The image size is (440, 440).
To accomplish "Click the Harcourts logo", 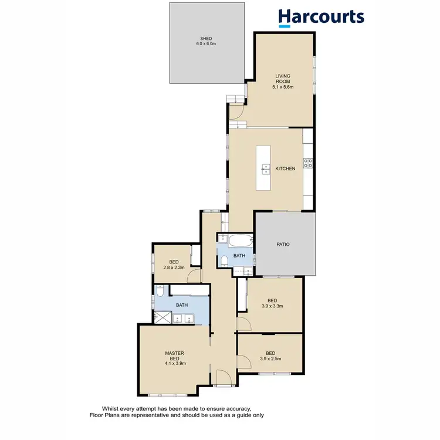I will (x=321, y=17).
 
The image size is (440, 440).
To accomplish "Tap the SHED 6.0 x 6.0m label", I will (x=205, y=41).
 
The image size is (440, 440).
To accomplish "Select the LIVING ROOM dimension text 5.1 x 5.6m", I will (x=283, y=87).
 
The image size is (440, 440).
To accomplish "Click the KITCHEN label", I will (x=285, y=170).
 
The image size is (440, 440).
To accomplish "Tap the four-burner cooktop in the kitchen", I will (x=307, y=164).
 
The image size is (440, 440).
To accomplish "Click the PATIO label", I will (x=283, y=244).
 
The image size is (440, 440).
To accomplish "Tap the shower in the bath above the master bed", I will (x=163, y=317).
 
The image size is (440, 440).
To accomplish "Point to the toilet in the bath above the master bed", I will (x=160, y=292).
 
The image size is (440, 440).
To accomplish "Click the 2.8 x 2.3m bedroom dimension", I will (x=174, y=268).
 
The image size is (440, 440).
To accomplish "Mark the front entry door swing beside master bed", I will (x=223, y=378).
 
